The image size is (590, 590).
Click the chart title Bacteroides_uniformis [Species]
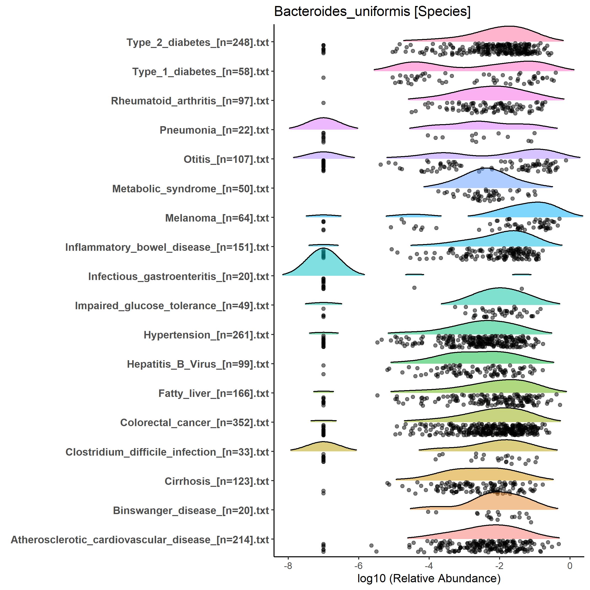[372, 12]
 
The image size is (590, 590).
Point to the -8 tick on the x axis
[288, 566]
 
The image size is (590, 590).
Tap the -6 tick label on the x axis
[358, 566]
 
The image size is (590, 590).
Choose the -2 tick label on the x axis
[499, 566]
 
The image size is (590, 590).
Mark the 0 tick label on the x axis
[570, 566]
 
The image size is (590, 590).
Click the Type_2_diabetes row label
[198, 42]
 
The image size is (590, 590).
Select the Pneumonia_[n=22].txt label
[214, 130]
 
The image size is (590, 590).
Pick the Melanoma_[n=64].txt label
[217, 218]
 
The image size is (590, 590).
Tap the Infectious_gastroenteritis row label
[178, 276]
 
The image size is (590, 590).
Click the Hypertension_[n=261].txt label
[206, 335]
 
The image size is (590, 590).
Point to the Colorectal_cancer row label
[195, 423]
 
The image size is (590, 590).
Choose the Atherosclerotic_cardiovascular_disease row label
[140, 540]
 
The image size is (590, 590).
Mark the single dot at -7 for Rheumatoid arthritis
[323, 103]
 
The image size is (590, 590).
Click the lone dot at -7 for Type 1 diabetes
[323, 78]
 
